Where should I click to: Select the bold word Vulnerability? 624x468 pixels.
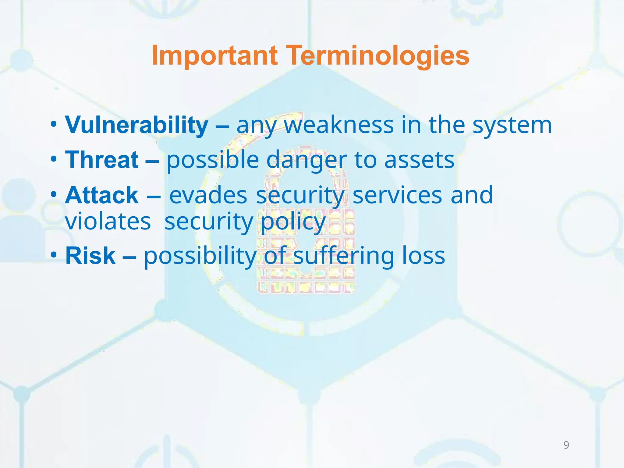point(136,125)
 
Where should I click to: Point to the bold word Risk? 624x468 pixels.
point(90,256)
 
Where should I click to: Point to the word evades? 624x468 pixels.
point(208,195)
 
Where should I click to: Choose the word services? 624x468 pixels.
point(397,195)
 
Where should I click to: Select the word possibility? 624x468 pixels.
point(200,256)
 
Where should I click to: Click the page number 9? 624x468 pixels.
point(566,445)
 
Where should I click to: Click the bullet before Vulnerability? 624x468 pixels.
point(54,125)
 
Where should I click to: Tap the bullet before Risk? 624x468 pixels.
point(54,255)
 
